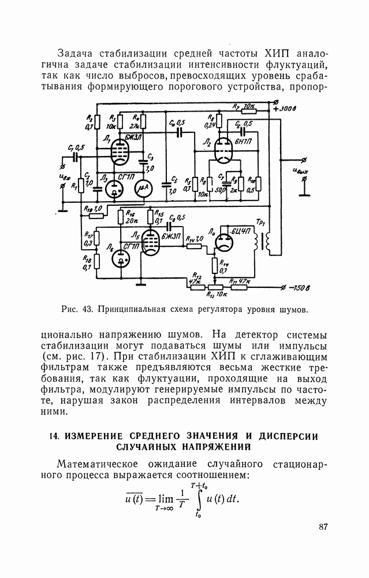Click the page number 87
pyautogui.click(x=323, y=527)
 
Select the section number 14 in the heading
pyautogui.click(x=56, y=435)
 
